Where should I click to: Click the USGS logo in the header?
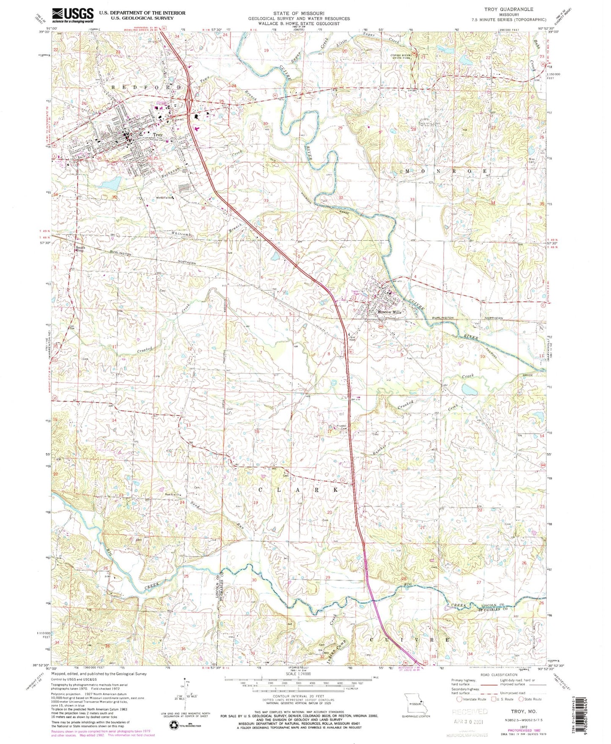(x=72, y=15)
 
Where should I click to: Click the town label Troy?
(x=157, y=135)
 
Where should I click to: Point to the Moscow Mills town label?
(x=388, y=312)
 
